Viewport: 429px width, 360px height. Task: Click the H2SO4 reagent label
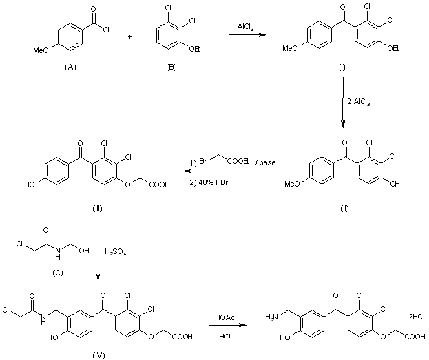click(115, 253)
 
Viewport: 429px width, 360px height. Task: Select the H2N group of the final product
click(273, 317)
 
